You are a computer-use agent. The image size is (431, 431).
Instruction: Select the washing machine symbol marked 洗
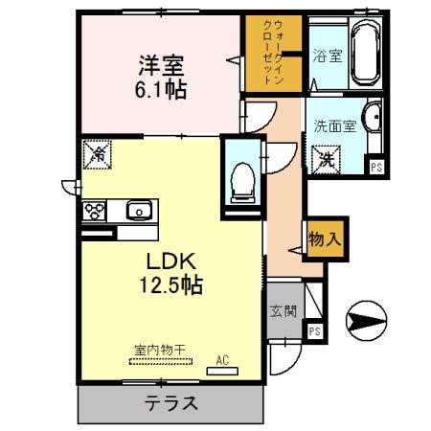[327, 158]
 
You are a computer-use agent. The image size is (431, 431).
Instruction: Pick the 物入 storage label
[322, 239]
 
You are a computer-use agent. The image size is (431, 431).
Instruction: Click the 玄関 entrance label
[284, 310]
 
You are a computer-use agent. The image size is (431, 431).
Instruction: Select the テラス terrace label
[173, 403]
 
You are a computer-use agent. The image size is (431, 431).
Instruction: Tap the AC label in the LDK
[222, 361]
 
